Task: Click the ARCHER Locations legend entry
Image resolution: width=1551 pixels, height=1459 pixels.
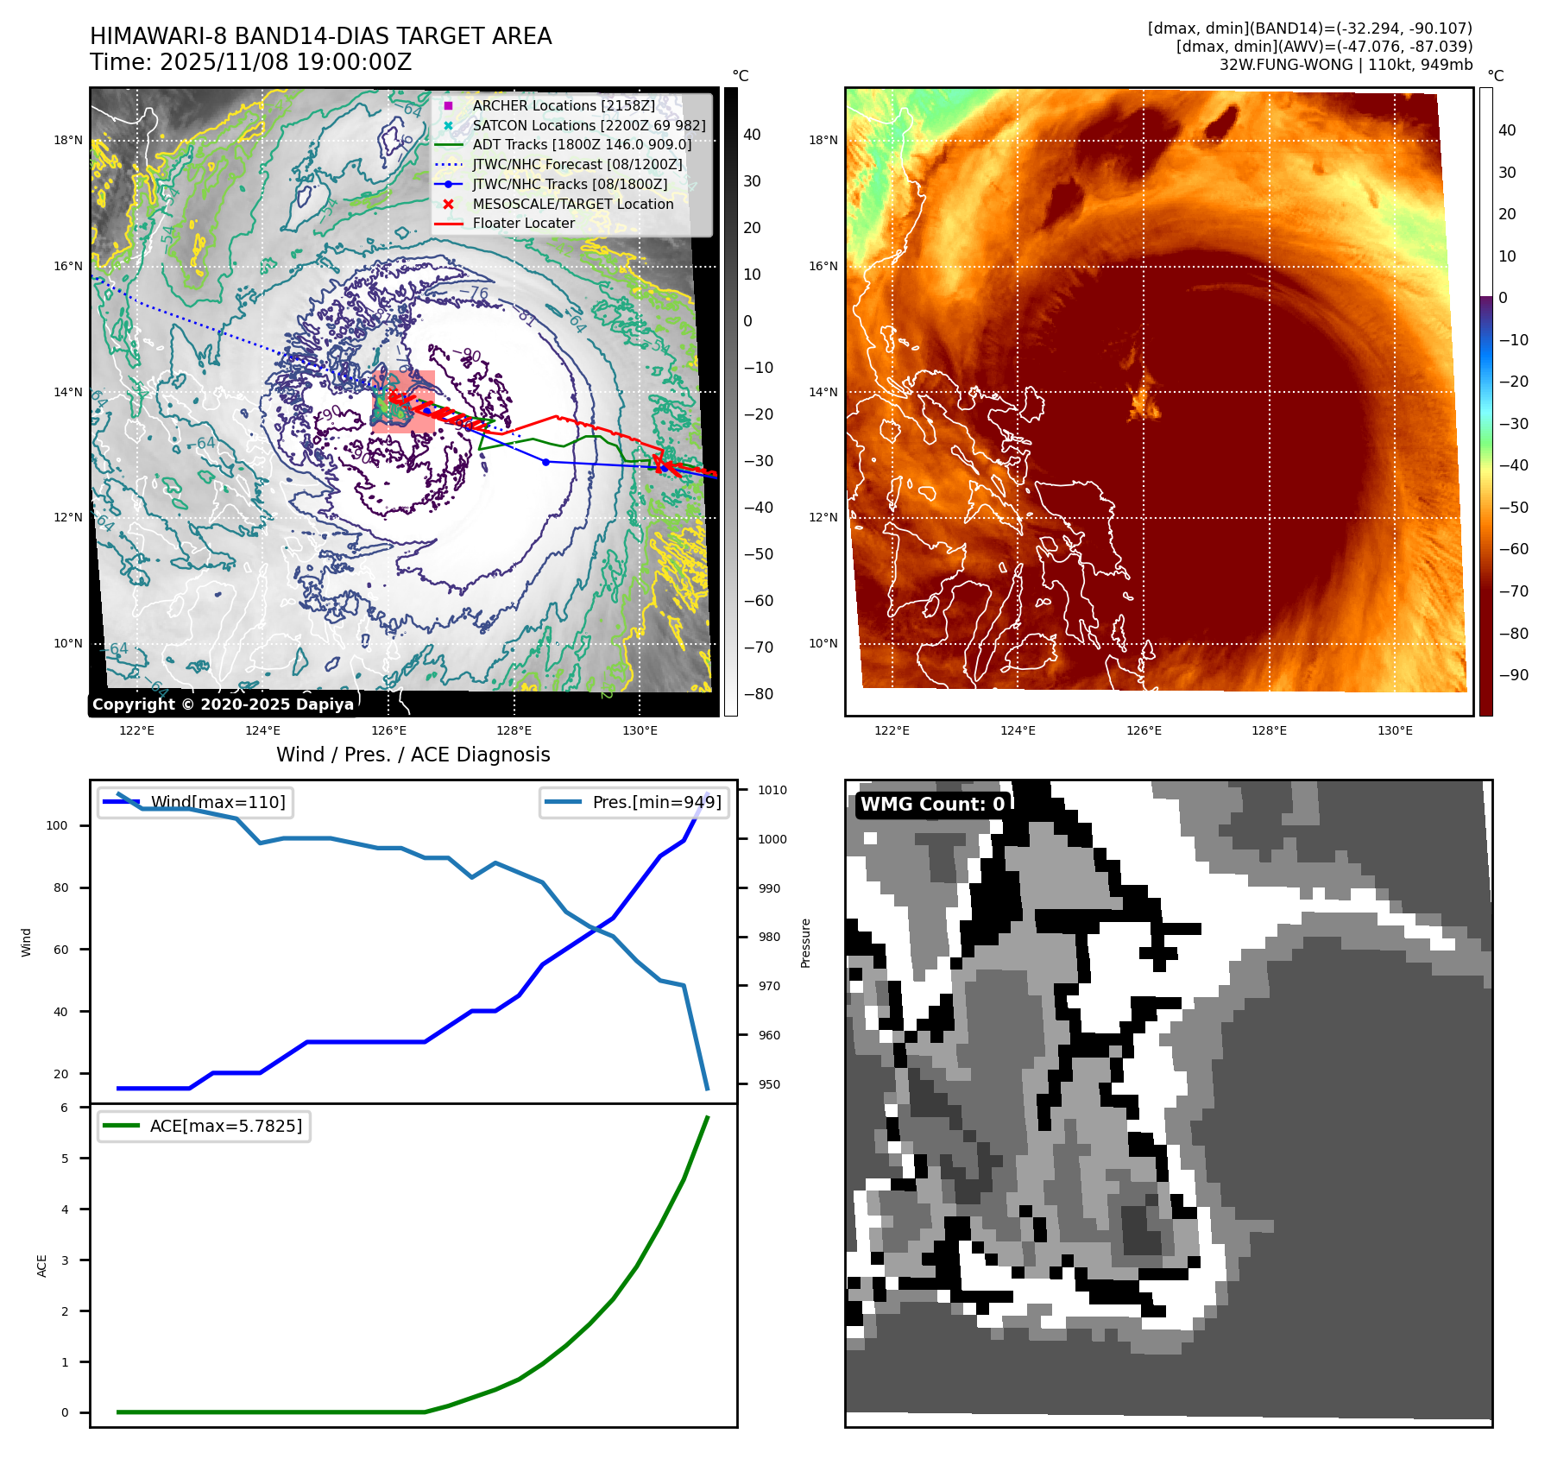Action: point(563,105)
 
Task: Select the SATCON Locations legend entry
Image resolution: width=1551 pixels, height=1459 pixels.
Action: point(589,125)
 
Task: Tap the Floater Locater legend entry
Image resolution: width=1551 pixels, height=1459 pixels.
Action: point(523,223)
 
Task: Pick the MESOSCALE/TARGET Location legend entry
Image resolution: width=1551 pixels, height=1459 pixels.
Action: point(572,204)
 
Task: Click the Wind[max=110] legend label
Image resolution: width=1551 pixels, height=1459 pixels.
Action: point(218,802)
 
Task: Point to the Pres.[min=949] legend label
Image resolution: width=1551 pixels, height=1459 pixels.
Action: point(656,802)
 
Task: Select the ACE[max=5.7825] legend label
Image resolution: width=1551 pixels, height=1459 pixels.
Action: point(225,1126)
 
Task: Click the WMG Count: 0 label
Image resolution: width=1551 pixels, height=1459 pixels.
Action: point(932,804)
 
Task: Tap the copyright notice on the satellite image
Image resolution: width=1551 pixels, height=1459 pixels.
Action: point(223,704)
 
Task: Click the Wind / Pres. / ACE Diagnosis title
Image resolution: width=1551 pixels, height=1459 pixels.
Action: point(413,755)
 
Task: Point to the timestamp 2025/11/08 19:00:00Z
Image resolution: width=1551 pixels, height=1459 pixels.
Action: point(286,62)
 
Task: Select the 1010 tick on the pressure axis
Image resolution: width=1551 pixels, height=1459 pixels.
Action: point(772,790)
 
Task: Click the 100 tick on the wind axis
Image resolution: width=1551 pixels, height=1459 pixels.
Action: point(56,825)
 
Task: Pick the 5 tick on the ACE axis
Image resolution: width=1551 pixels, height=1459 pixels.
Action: point(65,1159)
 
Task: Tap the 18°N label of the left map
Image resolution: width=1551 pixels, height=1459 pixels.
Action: point(68,140)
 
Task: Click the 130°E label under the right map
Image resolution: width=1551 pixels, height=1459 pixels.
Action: point(1395,730)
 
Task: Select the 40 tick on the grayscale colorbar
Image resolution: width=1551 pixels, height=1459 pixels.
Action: point(752,135)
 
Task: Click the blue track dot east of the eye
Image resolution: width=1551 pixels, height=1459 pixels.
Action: point(545,462)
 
